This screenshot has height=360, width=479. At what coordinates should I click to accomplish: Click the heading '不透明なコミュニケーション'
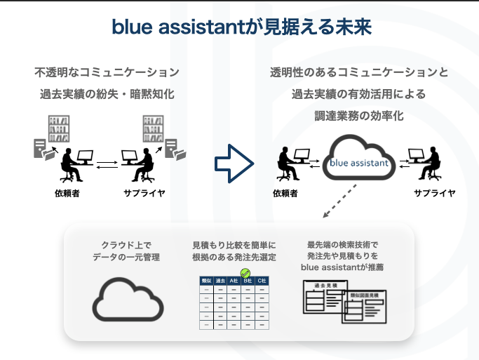107,72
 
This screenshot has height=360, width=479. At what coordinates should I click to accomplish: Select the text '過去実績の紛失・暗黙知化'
107,93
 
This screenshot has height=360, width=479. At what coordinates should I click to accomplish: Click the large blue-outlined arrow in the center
233,164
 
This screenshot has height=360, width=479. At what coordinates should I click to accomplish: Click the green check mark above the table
245,273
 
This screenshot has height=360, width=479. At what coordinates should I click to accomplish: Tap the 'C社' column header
261,281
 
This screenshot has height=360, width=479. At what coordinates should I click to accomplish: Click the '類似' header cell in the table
206,281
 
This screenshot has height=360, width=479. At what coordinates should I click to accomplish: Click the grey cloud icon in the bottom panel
128,300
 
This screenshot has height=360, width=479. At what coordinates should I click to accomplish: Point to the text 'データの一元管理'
127,258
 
